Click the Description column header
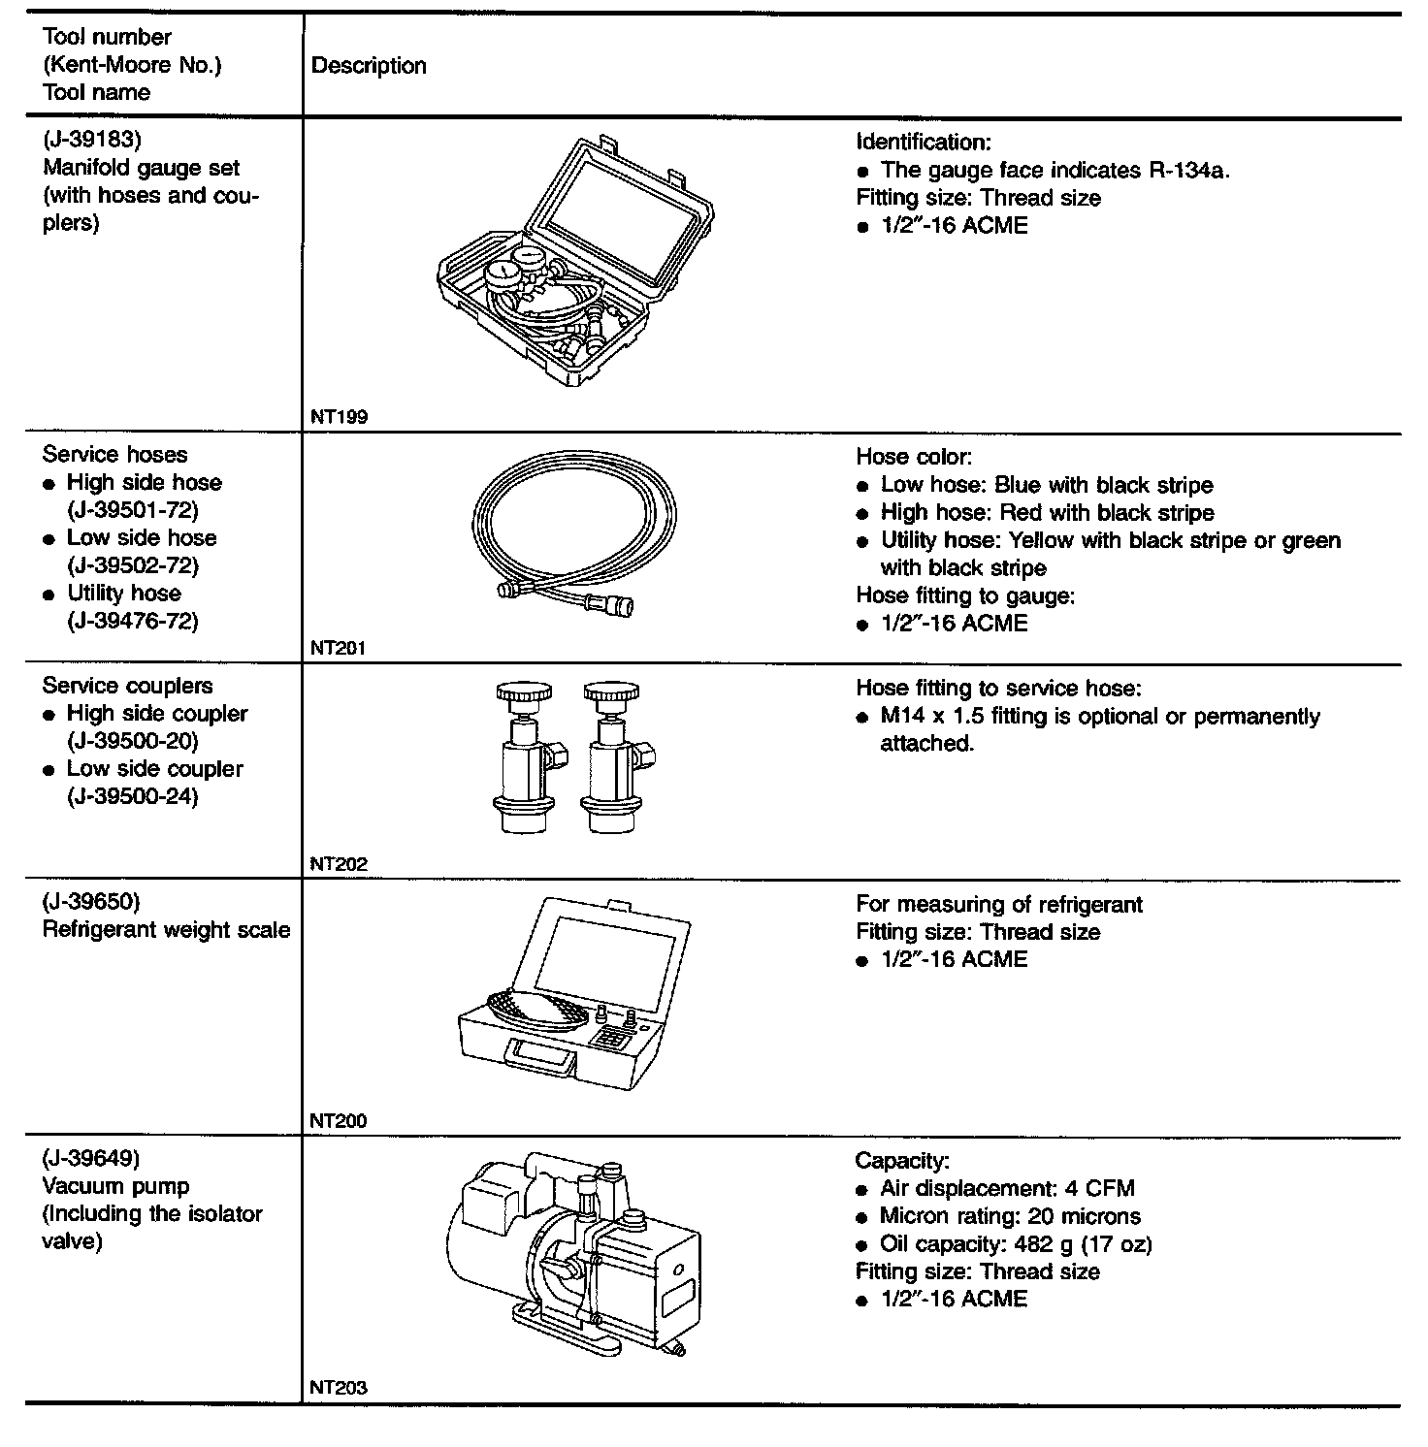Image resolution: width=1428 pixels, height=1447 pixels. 369,66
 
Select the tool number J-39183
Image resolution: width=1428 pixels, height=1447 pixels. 92,141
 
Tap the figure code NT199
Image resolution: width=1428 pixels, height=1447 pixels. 339,417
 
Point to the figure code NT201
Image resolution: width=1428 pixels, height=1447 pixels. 339,648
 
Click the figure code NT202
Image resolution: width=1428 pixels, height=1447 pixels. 339,864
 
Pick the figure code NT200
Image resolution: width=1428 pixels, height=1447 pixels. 339,1121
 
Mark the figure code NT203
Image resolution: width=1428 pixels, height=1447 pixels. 339,1387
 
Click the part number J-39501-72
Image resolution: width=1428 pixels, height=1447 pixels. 133,510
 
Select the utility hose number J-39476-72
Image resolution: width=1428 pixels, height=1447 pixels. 133,621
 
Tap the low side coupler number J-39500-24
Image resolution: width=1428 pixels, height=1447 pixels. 133,796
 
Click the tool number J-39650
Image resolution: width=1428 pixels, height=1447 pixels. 92,902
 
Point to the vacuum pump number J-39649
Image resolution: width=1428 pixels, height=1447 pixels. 92,1158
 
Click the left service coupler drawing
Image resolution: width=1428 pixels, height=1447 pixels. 525,756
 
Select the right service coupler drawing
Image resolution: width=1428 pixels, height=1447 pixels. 613,756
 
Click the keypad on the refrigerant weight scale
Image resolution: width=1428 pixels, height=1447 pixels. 611,1041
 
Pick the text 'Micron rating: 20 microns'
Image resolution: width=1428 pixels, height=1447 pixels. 1010,1216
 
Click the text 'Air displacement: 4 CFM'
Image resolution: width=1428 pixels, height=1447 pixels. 1007,1189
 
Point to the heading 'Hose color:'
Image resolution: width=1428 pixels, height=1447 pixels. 913,456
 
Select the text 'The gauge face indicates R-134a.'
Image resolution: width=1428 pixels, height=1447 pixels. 1055,170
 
